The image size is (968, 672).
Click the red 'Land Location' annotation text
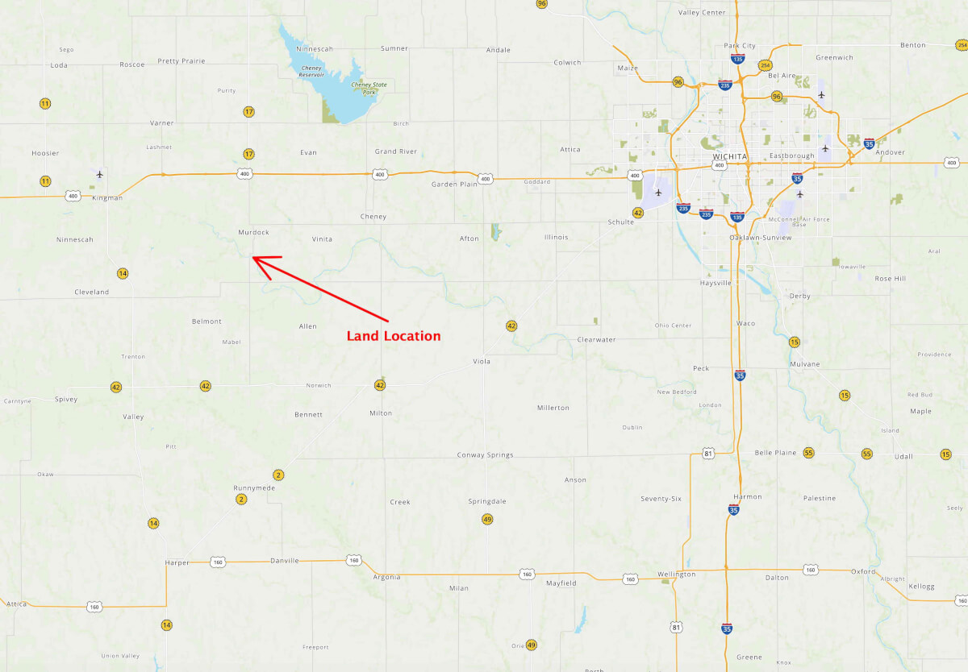[x=394, y=336]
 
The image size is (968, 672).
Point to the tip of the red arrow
[x=253, y=258]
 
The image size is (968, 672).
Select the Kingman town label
[x=107, y=197]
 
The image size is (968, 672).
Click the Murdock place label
[x=253, y=232]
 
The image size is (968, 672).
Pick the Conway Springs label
[x=485, y=455]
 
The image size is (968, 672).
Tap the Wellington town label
[x=676, y=575]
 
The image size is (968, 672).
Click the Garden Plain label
[x=454, y=184]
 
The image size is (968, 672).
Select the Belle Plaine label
[x=774, y=453]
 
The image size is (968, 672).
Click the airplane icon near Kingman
[x=100, y=174]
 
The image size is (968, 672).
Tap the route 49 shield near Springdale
[x=487, y=519]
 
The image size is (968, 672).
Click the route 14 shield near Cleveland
[x=123, y=273]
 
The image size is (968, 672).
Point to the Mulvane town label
[x=804, y=364]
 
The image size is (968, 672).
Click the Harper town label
[x=177, y=562]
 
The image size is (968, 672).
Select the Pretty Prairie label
[x=181, y=61]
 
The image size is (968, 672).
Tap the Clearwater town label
[x=596, y=340]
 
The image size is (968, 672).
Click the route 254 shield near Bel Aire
[x=764, y=64]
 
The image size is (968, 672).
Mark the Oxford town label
[x=863, y=571]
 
